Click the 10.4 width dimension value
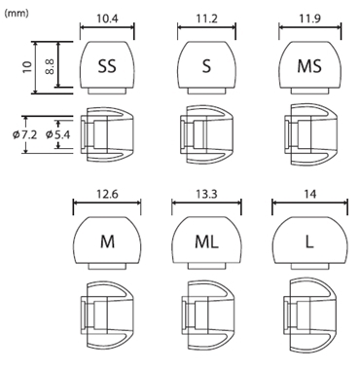point(107,19)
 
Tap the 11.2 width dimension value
point(206,19)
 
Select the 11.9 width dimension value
point(310,19)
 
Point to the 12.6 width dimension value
point(107,194)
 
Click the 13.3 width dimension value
point(206,194)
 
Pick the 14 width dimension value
point(309,194)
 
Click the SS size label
point(107,66)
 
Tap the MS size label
point(309,66)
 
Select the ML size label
point(206,242)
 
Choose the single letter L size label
point(309,242)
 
